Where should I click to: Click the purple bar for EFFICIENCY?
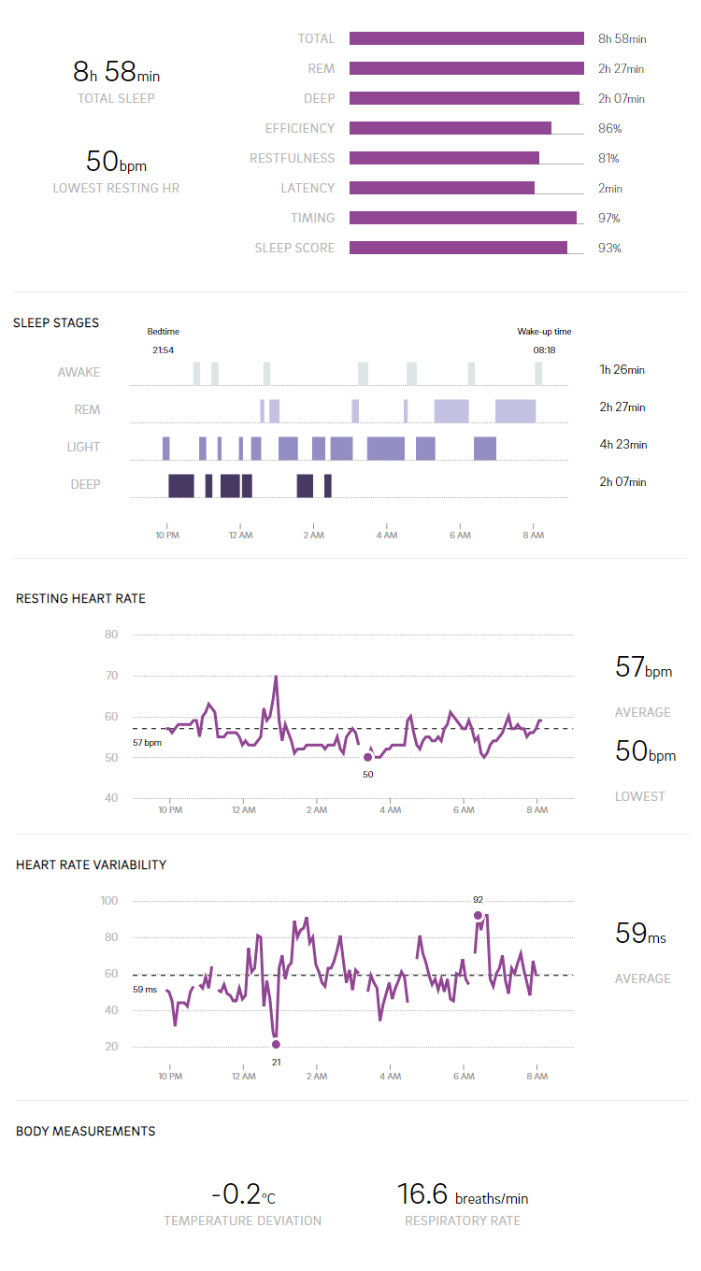(450, 128)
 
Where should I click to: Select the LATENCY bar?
(441, 188)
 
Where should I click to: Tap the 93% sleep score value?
(609, 248)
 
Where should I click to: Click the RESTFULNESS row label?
(292, 158)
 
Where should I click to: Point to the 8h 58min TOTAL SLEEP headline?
(116, 71)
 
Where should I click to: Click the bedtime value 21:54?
(163, 350)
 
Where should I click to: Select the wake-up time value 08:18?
(544, 350)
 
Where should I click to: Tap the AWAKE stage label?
(79, 372)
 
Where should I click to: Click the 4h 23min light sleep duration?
(622, 444)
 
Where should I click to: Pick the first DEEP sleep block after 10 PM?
(180, 485)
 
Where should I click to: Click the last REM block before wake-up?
(515, 410)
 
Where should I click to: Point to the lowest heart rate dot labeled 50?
(367, 757)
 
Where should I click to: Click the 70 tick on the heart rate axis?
(111, 676)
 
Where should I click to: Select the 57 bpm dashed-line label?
(147, 742)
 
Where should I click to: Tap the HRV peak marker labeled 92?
(478, 916)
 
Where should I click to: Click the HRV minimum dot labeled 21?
(276, 1045)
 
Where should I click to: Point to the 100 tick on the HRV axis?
(108, 901)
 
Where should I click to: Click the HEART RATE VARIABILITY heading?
(91, 864)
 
